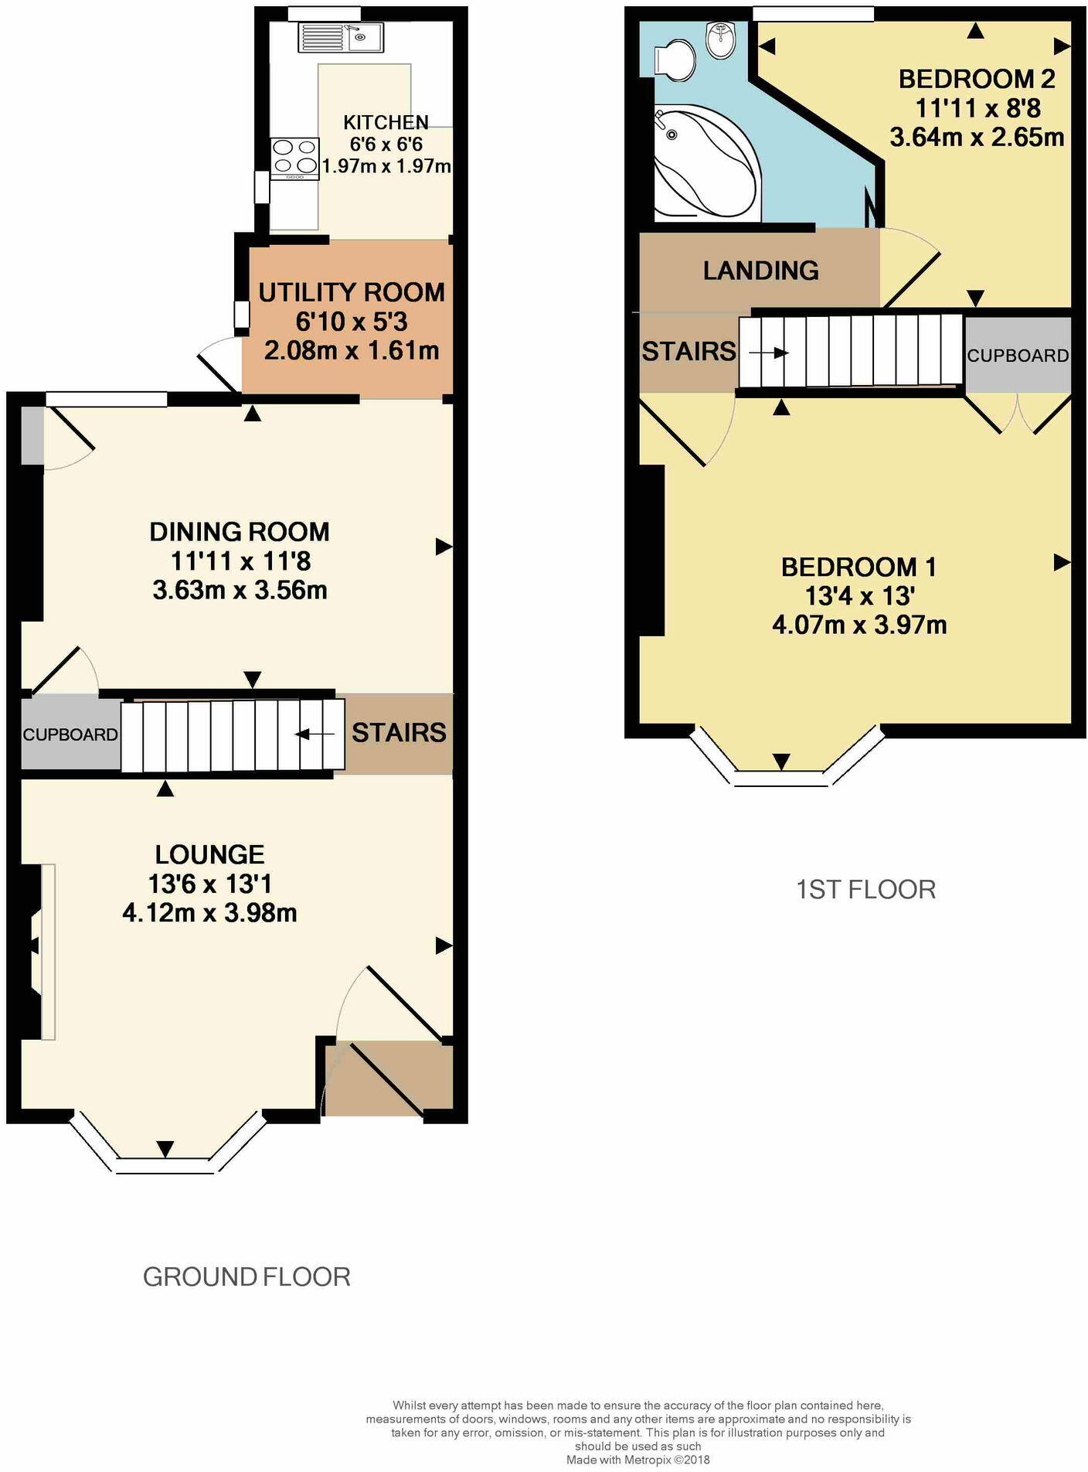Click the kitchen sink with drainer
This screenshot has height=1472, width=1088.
(x=341, y=37)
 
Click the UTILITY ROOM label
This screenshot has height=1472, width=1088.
(x=352, y=293)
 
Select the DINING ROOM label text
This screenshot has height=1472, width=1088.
(x=240, y=532)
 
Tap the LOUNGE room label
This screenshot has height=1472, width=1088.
(x=209, y=854)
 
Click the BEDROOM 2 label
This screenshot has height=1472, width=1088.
(x=977, y=79)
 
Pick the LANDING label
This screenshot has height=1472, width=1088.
(x=760, y=271)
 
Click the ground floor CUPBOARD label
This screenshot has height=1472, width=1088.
(x=70, y=734)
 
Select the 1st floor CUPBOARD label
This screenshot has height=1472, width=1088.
(x=1018, y=356)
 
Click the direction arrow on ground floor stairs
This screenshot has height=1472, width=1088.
(x=315, y=734)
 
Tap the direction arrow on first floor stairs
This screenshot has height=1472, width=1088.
(x=768, y=353)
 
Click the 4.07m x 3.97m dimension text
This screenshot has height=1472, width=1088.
(x=859, y=625)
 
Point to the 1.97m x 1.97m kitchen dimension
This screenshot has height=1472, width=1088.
(x=386, y=166)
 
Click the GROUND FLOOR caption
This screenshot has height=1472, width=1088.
(x=246, y=1276)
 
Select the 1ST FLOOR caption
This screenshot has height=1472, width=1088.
(x=865, y=890)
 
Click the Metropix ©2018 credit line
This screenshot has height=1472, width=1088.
(x=637, y=1460)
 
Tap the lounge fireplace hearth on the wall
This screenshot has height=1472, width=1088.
(x=48, y=952)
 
